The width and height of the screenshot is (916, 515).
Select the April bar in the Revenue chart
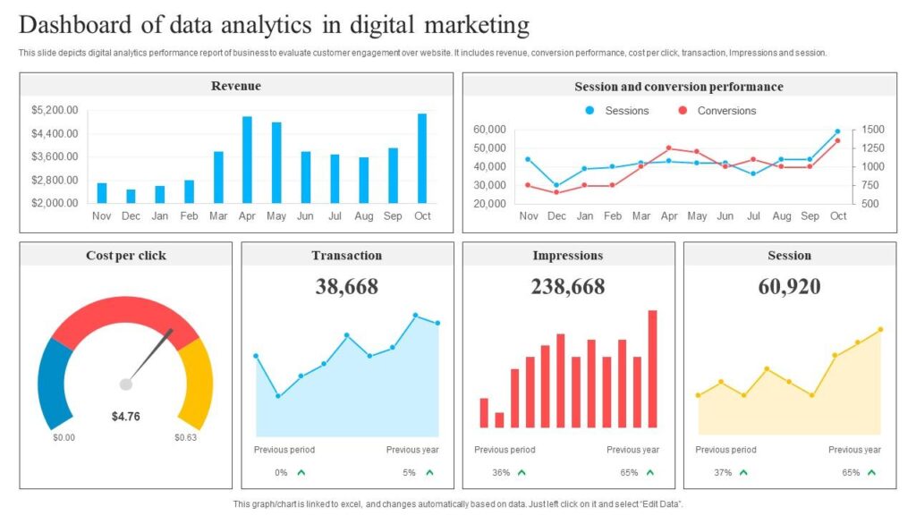(x=247, y=159)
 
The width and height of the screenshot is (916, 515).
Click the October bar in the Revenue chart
(x=422, y=157)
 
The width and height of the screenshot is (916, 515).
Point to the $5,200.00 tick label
(x=55, y=110)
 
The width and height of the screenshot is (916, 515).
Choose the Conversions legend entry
(x=725, y=111)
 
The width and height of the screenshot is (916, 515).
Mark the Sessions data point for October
(x=838, y=131)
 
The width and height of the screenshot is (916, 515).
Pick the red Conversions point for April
(x=668, y=148)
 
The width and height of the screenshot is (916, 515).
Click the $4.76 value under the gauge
(x=125, y=416)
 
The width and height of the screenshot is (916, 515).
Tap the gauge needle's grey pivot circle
(x=126, y=384)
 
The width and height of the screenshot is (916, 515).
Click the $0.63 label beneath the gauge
(x=186, y=438)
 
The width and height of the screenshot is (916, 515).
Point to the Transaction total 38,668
(x=347, y=286)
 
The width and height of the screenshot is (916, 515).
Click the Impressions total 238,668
(x=568, y=286)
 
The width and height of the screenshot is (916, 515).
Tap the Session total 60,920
(x=790, y=286)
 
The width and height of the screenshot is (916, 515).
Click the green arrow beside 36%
(x=522, y=472)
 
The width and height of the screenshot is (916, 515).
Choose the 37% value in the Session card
(x=723, y=472)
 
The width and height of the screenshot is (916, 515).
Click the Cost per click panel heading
(x=126, y=256)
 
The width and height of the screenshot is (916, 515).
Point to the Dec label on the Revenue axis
(x=131, y=215)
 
